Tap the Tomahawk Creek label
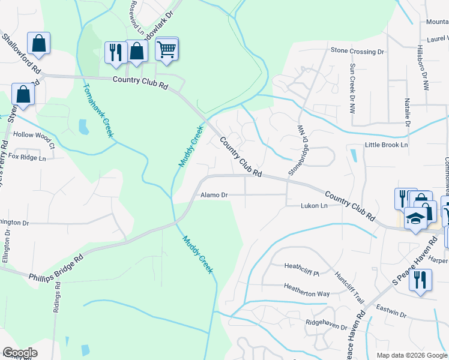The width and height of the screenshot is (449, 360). tap(98, 109)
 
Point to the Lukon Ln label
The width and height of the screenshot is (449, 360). tap(314, 206)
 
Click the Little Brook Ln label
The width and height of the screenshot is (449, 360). tap(386, 145)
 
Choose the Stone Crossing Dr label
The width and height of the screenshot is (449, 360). tap(357, 52)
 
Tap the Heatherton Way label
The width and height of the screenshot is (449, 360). tap(307, 293)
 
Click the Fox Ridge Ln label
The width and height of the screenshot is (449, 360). tap(28, 158)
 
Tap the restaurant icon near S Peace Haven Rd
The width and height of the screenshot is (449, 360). tap(420, 280)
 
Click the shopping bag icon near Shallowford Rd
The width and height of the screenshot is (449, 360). tap(38, 43)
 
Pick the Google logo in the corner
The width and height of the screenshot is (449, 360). tap(19, 353)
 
